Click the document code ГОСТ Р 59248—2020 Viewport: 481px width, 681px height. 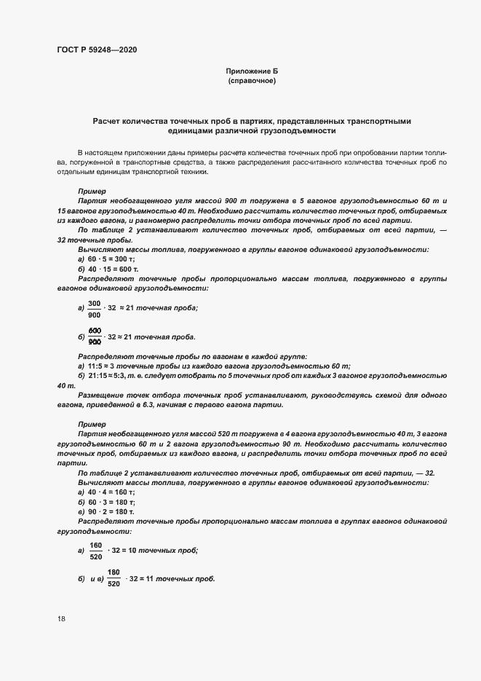tap(96, 50)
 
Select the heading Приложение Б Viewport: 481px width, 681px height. tap(252, 71)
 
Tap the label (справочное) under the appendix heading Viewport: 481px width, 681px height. tap(252, 81)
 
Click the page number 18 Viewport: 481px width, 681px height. tap(60, 618)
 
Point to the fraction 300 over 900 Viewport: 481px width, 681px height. tap(94, 308)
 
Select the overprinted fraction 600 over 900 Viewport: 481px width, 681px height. tap(94, 336)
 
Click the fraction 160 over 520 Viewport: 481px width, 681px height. tap(96, 551)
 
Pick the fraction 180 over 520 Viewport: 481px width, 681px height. tap(114, 578)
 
